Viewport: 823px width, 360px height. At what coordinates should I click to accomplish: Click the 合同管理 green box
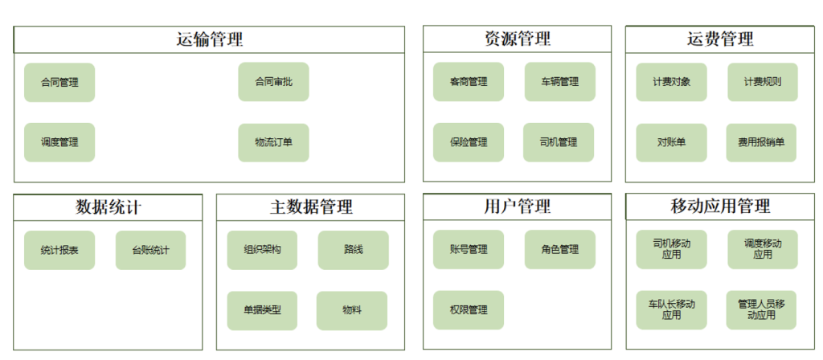59,83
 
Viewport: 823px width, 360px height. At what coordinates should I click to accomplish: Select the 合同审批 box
273,82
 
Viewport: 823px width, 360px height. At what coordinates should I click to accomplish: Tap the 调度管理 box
59,142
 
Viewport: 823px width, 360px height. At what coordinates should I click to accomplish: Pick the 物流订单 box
273,142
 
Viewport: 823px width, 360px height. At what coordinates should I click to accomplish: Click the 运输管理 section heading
210,40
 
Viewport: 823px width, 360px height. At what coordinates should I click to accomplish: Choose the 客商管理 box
469,82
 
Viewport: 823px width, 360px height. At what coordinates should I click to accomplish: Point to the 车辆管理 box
560,82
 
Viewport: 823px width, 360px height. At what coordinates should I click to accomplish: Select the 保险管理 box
469,142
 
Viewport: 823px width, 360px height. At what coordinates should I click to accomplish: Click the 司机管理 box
559,142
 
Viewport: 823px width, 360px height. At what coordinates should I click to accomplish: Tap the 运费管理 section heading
720,39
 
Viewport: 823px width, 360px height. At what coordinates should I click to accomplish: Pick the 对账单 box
671,142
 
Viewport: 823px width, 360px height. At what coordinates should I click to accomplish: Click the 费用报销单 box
761,142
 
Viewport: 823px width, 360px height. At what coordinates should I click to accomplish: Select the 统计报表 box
59,251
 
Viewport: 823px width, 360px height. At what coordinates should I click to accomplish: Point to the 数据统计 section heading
109,208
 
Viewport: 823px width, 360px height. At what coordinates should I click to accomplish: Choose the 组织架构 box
262,251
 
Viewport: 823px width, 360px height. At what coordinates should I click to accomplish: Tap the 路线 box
354,251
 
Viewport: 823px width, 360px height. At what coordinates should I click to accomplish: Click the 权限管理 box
469,310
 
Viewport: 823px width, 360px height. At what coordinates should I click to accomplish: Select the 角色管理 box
560,249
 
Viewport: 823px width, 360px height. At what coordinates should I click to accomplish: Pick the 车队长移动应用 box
671,310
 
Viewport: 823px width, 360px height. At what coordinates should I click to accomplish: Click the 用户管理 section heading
517,207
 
